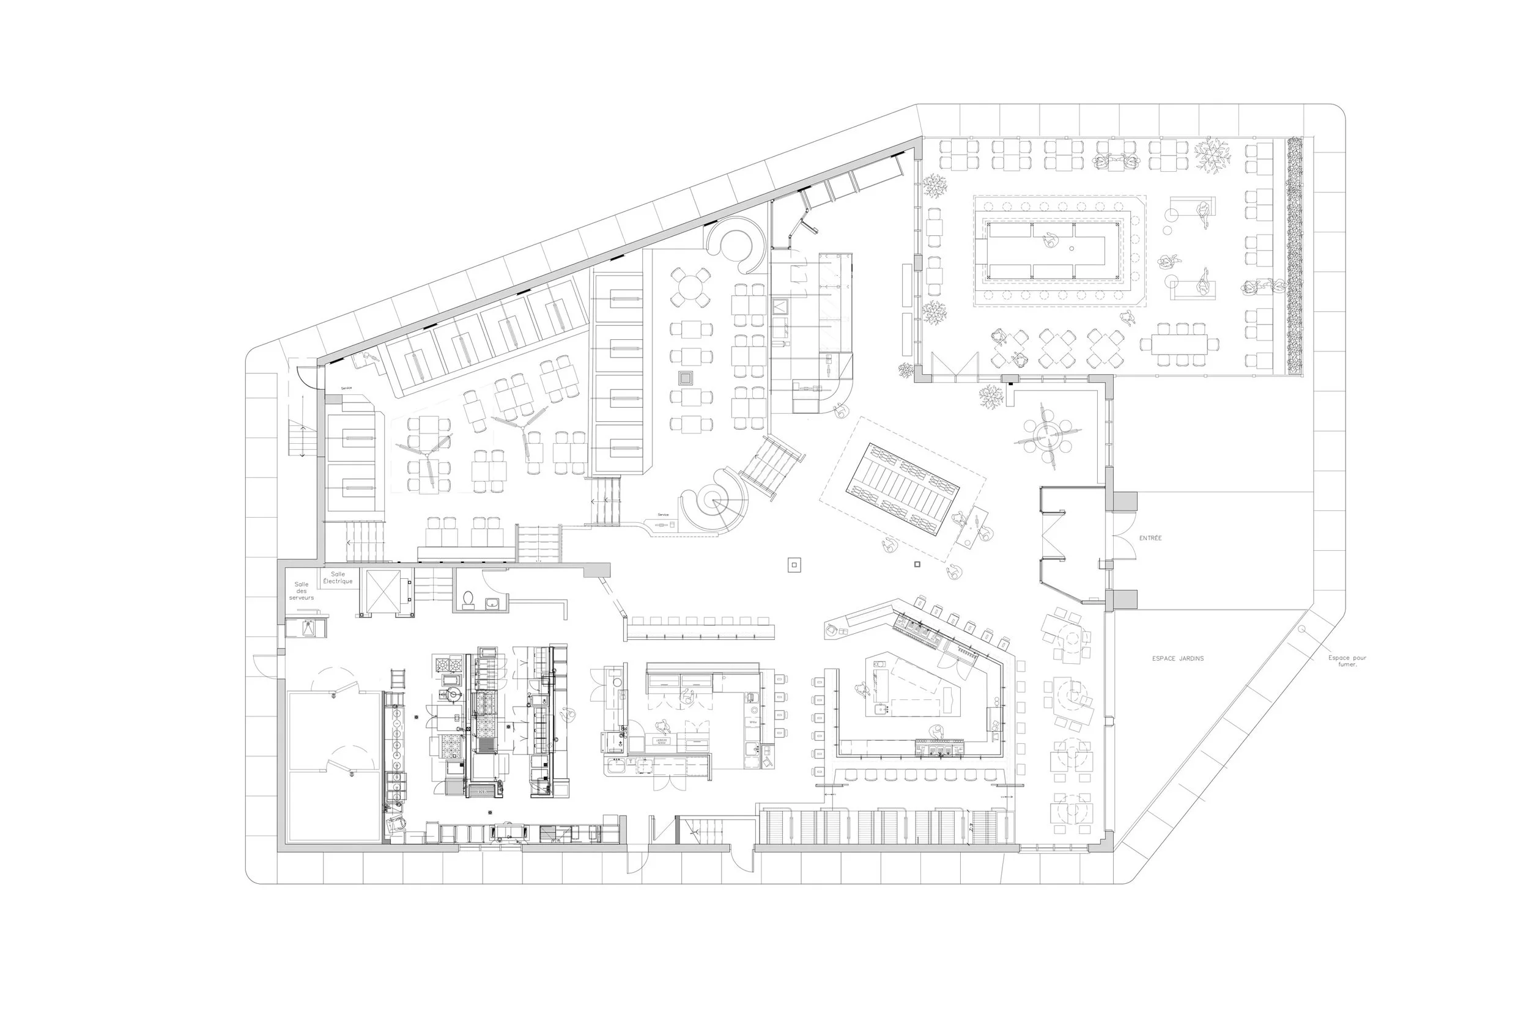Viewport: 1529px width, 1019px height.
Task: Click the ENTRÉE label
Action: click(1150, 538)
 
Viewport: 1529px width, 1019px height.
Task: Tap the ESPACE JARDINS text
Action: click(1177, 658)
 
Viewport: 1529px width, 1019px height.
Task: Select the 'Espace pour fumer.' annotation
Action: click(1347, 661)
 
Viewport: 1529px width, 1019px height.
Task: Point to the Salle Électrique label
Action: click(338, 578)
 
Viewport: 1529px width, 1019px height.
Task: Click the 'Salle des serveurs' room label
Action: click(301, 590)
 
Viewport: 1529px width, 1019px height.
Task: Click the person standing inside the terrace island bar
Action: click(1050, 240)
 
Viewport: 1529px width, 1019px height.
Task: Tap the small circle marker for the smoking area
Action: click(1301, 629)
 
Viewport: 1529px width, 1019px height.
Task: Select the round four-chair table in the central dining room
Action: click(691, 287)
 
